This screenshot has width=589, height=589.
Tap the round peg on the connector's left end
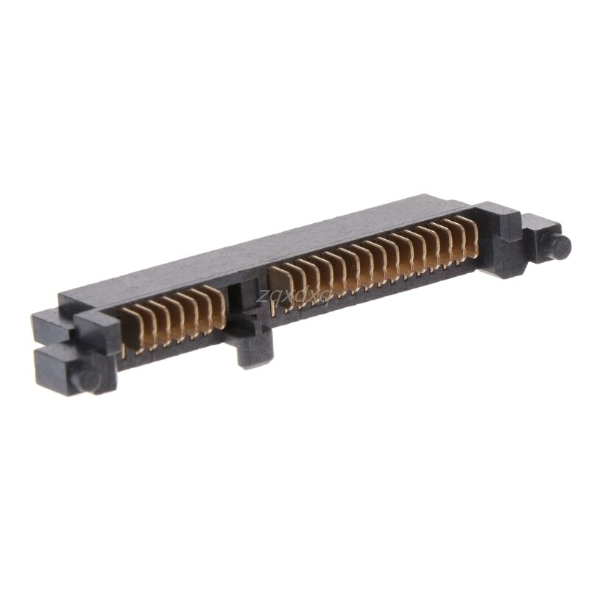point(88,378)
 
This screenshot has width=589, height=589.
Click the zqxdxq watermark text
point(294,296)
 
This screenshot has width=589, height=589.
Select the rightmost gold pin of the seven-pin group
point(216,309)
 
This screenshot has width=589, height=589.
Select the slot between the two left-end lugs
point(55,345)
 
